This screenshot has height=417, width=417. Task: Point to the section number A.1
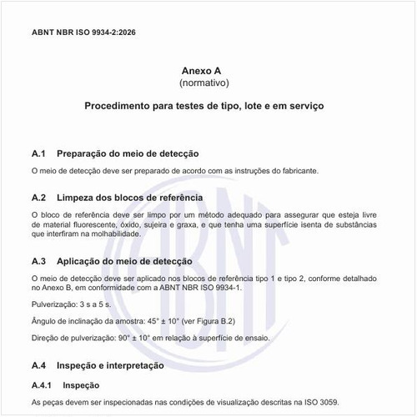coord(38,153)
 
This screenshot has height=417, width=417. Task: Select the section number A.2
coord(38,197)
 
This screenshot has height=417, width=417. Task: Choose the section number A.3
coord(38,261)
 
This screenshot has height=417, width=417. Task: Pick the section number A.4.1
coord(42,385)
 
